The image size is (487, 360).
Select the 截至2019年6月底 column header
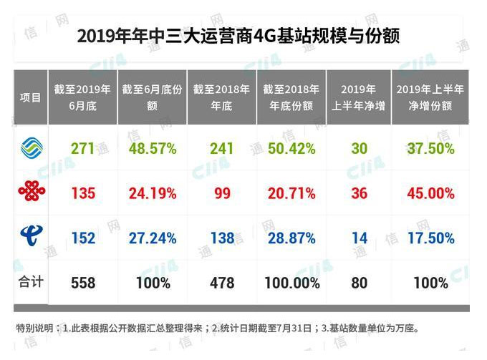click(82, 97)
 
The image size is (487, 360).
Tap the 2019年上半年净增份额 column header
click(430, 97)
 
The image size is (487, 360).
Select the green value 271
click(83, 149)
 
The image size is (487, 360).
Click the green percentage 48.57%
click(153, 149)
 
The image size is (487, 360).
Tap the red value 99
click(222, 193)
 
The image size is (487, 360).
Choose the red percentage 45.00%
click(430, 193)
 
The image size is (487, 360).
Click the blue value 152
click(83, 238)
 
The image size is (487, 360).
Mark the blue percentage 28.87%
click(291, 238)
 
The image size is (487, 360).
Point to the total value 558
click(83, 283)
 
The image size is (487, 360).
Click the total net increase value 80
click(359, 283)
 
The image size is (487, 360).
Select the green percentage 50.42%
click(291, 149)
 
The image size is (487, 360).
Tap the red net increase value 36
click(359, 193)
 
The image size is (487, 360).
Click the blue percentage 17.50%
click(430, 238)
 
